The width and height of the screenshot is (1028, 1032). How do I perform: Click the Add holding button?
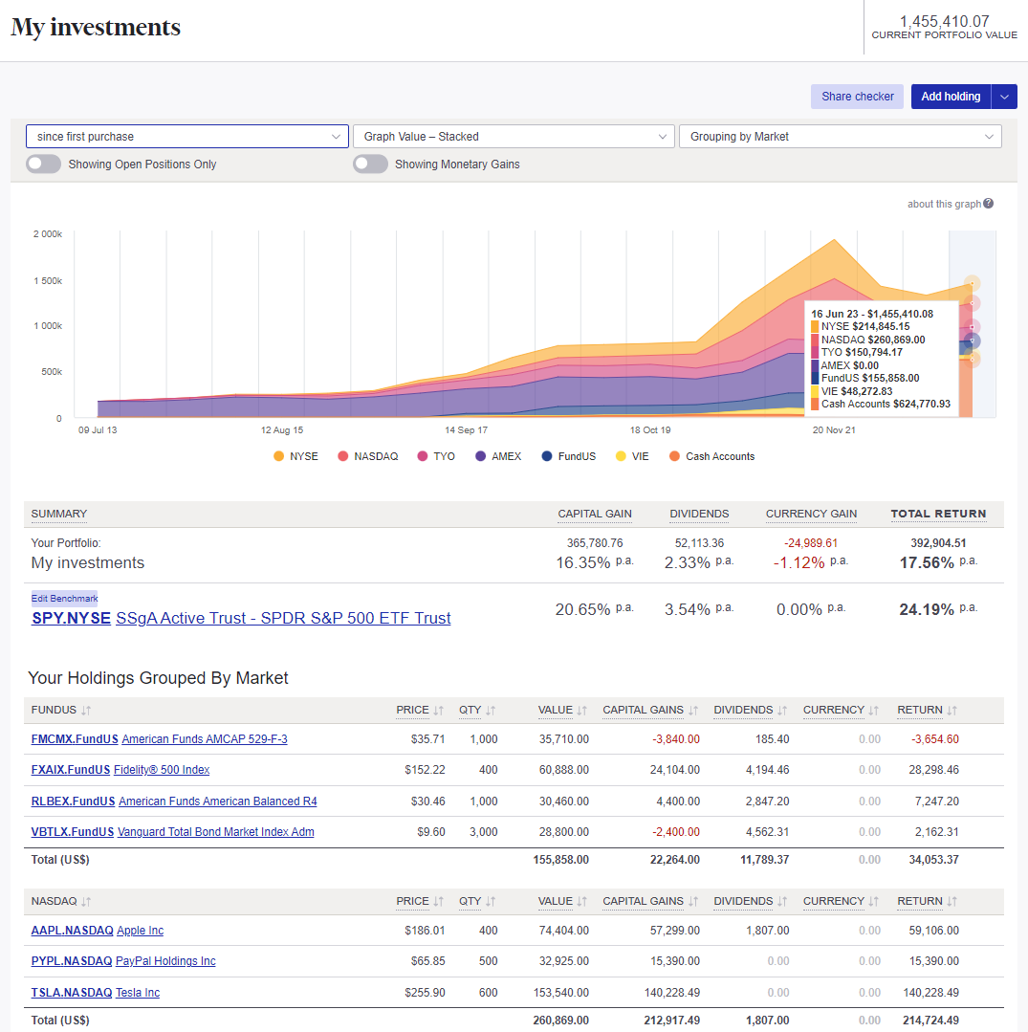(x=950, y=97)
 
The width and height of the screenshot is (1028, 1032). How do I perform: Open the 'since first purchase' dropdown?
(x=187, y=137)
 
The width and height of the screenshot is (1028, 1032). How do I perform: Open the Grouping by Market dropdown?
(x=840, y=137)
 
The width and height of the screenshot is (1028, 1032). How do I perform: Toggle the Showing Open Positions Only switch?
(x=43, y=165)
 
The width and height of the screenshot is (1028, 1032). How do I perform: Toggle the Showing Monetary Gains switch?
(x=370, y=165)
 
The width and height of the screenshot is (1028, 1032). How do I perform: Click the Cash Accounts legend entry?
(x=711, y=457)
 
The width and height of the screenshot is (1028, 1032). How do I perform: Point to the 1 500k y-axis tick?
(x=47, y=280)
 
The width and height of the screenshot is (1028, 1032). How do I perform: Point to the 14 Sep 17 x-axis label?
(x=466, y=430)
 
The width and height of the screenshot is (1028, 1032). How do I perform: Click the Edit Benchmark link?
(x=64, y=599)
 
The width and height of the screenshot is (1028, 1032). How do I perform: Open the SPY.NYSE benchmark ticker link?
(x=71, y=619)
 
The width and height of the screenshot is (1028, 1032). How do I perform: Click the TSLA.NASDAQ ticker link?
(x=72, y=993)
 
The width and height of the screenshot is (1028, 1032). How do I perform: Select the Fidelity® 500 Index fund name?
(x=162, y=770)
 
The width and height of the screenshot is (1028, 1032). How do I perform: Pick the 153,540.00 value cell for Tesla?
(x=560, y=993)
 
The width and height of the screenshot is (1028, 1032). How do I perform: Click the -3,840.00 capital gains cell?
(x=675, y=739)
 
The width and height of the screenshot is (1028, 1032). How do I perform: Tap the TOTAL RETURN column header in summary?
(x=938, y=514)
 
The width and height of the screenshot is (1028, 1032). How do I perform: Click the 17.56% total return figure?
(x=927, y=563)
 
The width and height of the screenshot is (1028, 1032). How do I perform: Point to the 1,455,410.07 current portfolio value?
(x=944, y=21)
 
